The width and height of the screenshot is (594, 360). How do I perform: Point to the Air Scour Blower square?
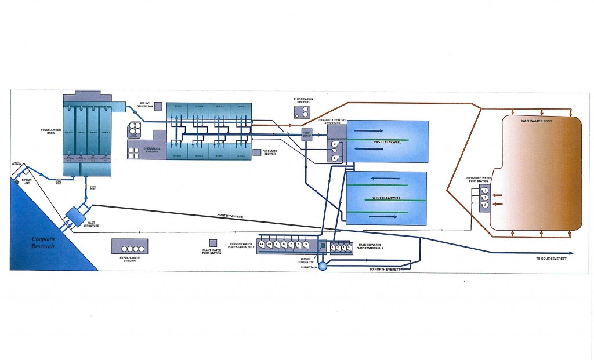257,153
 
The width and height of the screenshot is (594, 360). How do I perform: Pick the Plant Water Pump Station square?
213,243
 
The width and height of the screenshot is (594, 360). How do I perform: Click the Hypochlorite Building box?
129,246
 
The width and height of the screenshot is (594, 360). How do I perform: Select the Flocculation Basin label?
47,139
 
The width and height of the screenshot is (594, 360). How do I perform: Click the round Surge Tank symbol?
323,266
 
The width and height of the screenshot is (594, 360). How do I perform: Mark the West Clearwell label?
386,198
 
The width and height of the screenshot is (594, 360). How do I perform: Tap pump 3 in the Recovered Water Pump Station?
486,205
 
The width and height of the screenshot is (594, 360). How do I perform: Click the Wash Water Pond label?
534,121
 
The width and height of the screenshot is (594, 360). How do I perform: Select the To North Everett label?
385,270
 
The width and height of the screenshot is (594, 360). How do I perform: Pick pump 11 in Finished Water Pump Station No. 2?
262,245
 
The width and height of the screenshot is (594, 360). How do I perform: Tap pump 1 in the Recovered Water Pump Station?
486,190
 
